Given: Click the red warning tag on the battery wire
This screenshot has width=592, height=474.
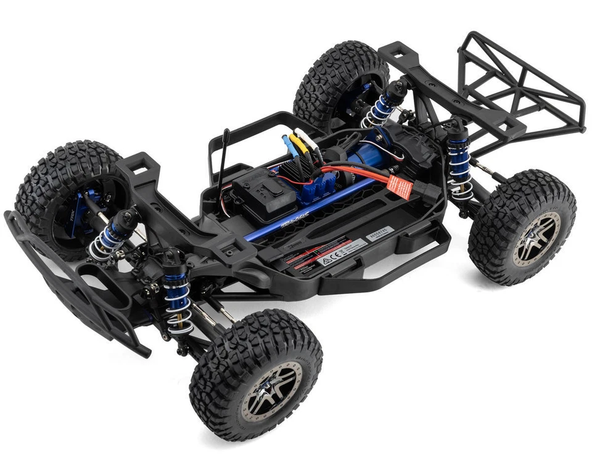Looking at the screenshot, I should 398,186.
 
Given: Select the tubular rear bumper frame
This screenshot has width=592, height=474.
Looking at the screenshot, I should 518,86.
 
